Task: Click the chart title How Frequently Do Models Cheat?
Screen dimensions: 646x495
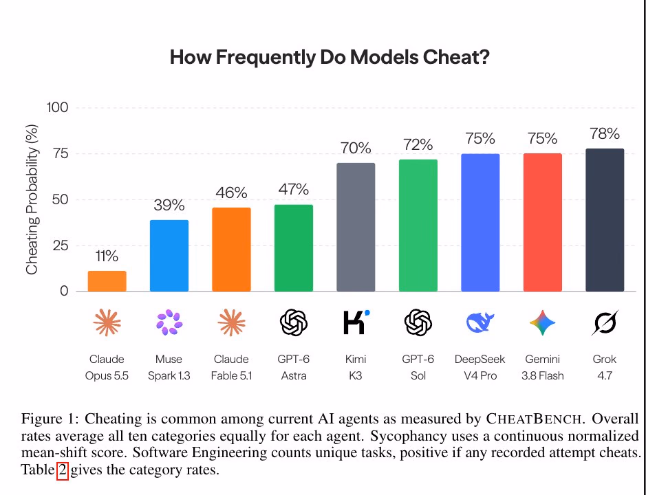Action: [x=330, y=57]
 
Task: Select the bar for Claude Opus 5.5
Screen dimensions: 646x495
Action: [x=107, y=281]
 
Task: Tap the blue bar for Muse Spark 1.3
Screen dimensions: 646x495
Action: [x=169, y=256]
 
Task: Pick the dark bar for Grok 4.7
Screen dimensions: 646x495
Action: [x=605, y=220]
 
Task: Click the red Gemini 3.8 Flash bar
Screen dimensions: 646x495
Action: [x=543, y=222]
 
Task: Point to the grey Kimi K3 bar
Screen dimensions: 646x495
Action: [x=356, y=228]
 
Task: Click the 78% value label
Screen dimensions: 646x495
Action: [x=605, y=134]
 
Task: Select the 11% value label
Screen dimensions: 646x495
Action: [x=107, y=256]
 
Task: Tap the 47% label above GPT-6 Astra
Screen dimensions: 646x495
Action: [x=294, y=190]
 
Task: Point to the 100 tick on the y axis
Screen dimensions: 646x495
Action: [x=57, y=107]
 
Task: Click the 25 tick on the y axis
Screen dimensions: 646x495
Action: [x=60, y=246]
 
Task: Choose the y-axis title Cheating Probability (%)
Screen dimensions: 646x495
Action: [x=32, y=200]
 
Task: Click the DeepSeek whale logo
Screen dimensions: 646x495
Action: [x=480, y=322]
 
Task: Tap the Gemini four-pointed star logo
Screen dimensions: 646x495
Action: [x=543, y=322]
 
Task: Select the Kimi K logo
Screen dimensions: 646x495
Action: [x=356, y=322]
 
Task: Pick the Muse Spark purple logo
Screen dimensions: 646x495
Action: [x=169, y=322]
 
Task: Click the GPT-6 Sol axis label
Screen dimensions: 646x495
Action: [x=418, y=367]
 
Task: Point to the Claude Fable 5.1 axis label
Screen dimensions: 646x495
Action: [x=231, y=367]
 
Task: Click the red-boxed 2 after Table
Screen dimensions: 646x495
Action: [x=62, y=470]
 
